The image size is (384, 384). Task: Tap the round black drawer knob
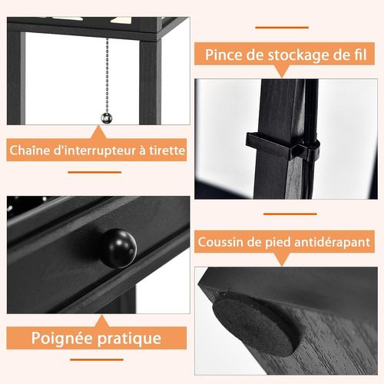[118, 247]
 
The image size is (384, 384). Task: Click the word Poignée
[64, 338]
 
